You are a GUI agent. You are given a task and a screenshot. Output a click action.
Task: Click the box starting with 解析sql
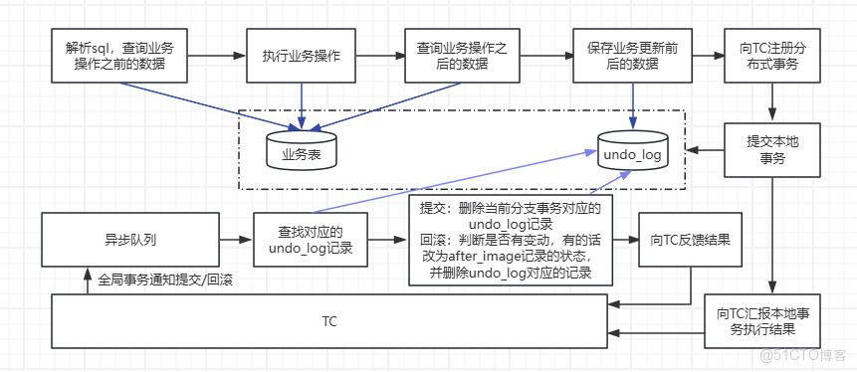(x=118, y=56)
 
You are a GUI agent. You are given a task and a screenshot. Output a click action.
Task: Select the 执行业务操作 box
(x=301, y=56)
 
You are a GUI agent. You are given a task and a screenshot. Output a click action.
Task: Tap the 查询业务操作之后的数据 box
(x=463, y=56)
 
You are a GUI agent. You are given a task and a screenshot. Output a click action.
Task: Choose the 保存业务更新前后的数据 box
(x=631, y=56)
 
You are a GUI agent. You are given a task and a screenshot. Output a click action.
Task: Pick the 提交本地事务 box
(x=771, y=150)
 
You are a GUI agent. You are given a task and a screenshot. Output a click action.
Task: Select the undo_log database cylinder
(x=632, y=152)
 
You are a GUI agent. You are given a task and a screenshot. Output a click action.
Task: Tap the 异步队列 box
(x=129, y=240)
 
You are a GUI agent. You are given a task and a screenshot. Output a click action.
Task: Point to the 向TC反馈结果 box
(x=691, y=240)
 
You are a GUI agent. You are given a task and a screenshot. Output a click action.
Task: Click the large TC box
(x=328, y=321)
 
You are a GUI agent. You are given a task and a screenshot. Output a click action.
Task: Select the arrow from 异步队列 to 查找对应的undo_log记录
(x=235, y=240)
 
